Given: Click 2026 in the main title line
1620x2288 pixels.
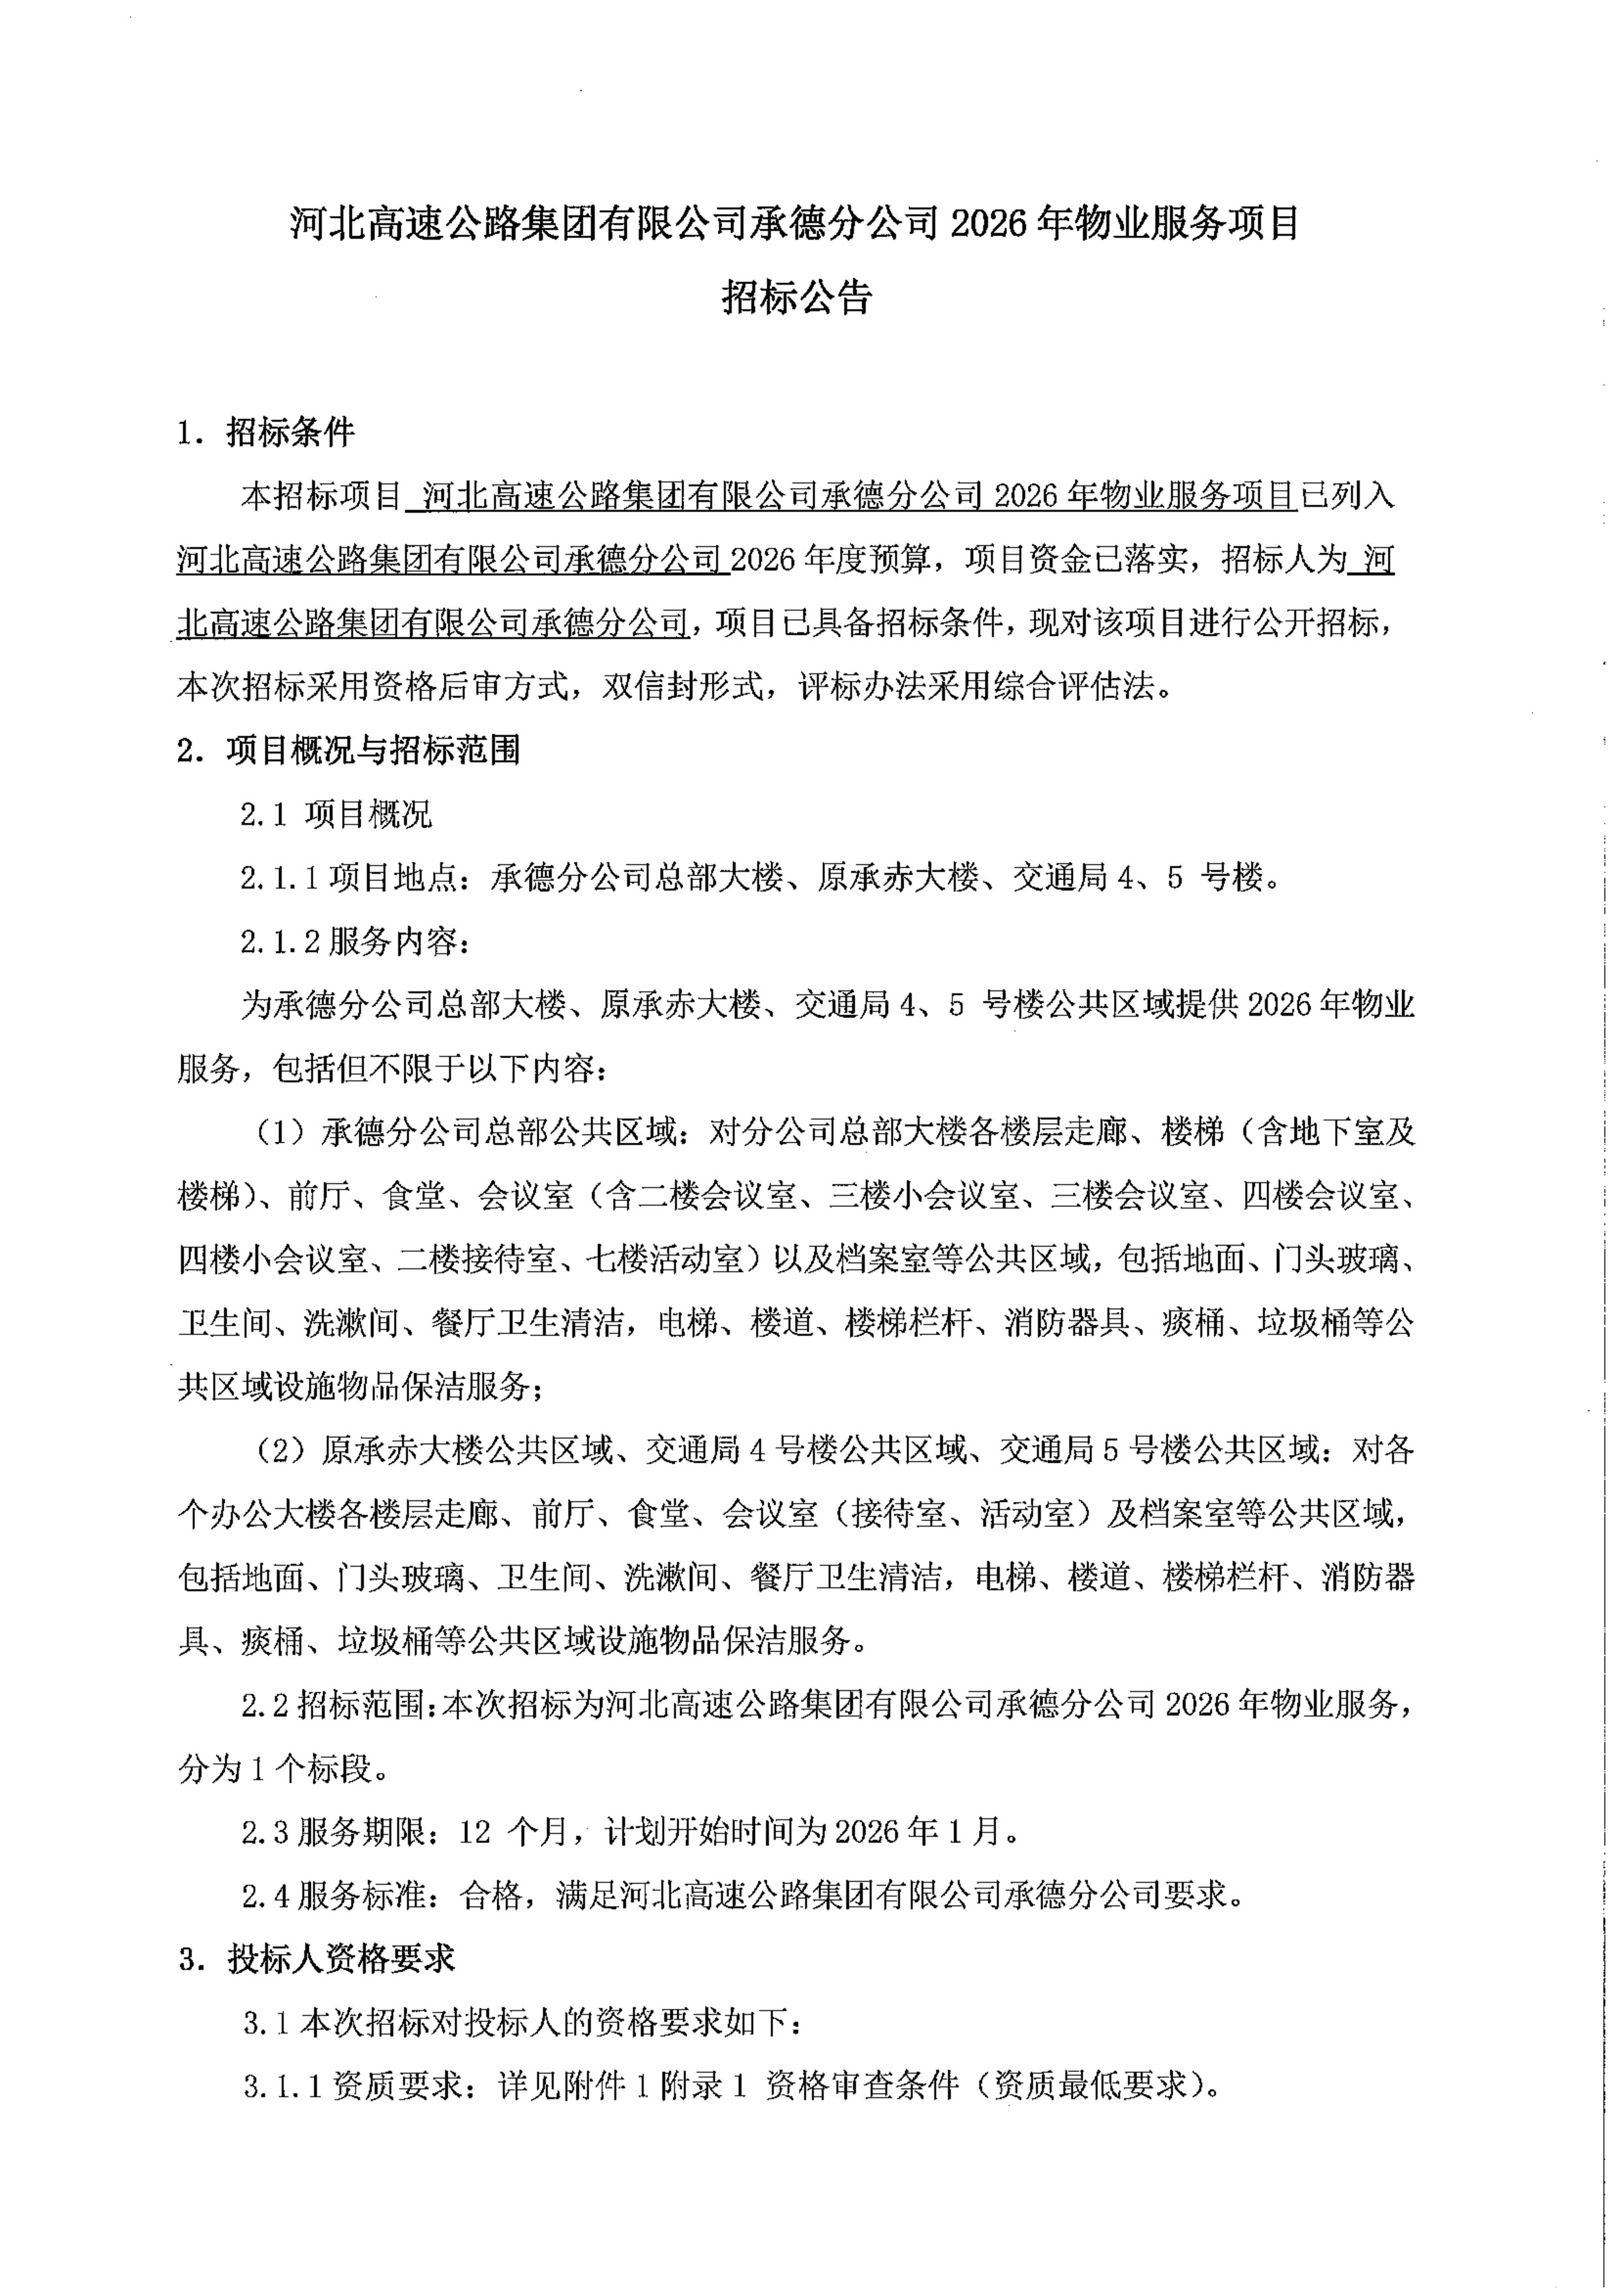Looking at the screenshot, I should (x=987, y=224).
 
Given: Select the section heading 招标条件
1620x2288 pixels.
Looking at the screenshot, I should (x=290, y=432).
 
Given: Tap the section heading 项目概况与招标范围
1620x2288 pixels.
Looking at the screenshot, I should (x=373, y=750).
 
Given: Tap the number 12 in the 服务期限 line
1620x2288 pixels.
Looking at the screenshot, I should (x=476, y=1832).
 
